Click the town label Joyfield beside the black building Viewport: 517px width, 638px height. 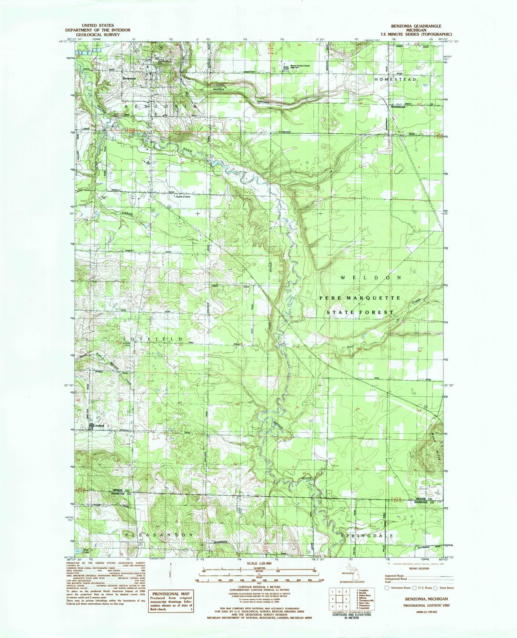pyautogui.click(x=100, y=426)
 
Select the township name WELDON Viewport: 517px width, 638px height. pyautogui.click(x=371, y=277)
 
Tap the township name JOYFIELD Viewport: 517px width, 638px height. pyautogui.click(x=151, y=340)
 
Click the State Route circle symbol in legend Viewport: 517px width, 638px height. pyautogui.click(x=436, y=588)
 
